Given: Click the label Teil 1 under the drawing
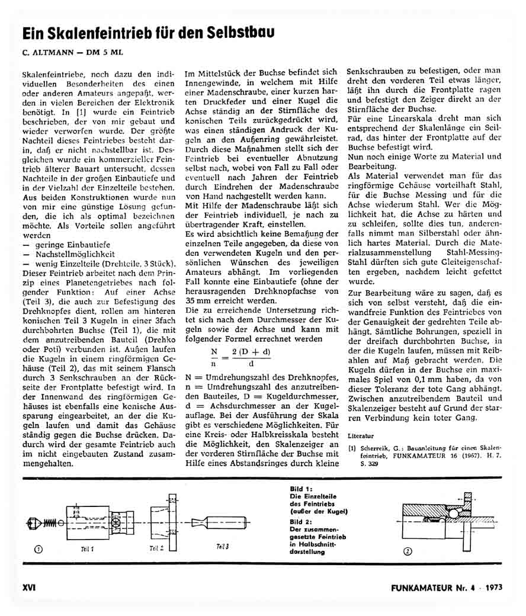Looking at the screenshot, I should pyautogui.click(x=88, y=548).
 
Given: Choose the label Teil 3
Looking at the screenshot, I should pyautogui.click(x=222, y=546).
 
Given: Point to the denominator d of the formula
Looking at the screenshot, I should pyautogui.click(x=251, y=362).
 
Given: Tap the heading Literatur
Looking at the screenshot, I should pyautogui.click(x=361, y=435).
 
